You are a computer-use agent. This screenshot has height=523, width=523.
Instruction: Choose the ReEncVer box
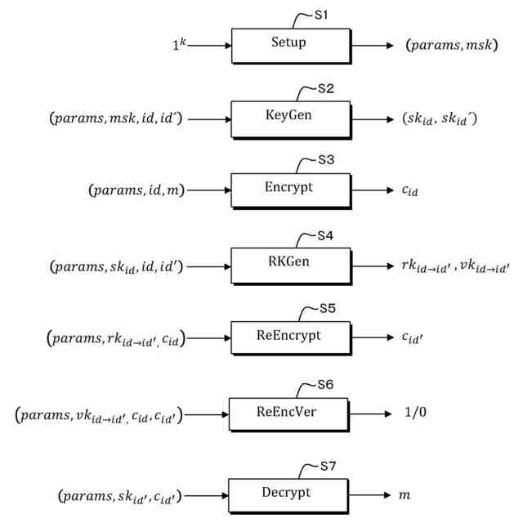tap(288, 412)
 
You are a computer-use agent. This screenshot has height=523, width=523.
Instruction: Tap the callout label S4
tap(326, 236)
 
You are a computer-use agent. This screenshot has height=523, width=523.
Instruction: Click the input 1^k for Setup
tap(180, 46)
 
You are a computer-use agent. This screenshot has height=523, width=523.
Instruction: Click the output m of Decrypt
tap(405, 495)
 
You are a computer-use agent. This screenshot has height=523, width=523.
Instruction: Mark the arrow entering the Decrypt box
tap(208, 495)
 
